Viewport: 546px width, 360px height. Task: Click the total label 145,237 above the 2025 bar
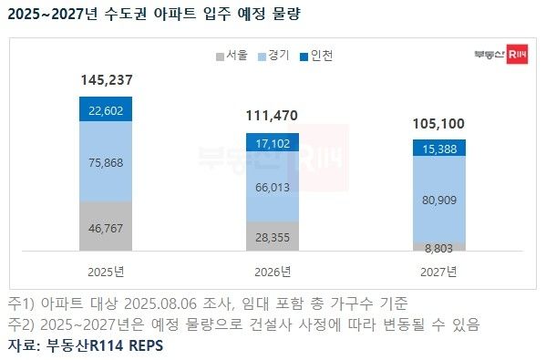(x=106, y=81)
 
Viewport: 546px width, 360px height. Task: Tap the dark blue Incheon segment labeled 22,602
(x=106, y=110)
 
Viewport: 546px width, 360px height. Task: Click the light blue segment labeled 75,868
(x=106, y=161)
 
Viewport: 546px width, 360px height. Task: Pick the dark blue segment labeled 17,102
(x=273, y=143)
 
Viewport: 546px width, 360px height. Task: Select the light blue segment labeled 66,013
(x=273, y=187)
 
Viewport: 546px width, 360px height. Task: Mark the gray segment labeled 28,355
(x=273, y=235)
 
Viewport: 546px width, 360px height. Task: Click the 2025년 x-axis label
(x=106, y=272)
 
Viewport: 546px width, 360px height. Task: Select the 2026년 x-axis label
(x=273, y=272)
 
